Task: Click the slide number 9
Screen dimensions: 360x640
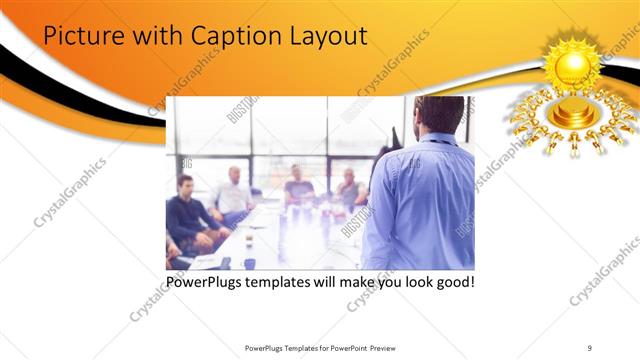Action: click(590, 347)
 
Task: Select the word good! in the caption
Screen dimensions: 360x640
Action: click(453, 282)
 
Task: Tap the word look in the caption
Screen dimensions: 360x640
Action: click(412, 282)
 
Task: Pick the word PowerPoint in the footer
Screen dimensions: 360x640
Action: click(341, 347)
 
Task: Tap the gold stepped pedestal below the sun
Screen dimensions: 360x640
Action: click(573, 113)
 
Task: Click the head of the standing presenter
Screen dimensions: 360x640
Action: click(439, 115)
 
